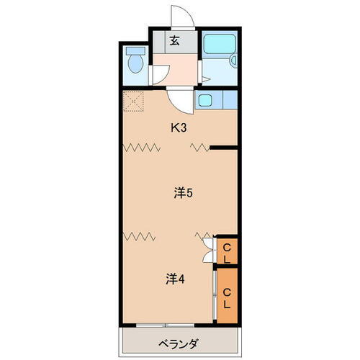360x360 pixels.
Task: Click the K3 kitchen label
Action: point(179,129)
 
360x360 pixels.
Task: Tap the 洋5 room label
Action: point(181,193)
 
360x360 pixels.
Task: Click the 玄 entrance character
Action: point(174,40)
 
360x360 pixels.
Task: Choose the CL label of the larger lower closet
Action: point(226,297)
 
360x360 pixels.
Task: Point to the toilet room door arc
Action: point(159,74)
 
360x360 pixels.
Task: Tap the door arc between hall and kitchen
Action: point(182,100)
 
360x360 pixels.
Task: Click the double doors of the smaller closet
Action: point(210,252)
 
